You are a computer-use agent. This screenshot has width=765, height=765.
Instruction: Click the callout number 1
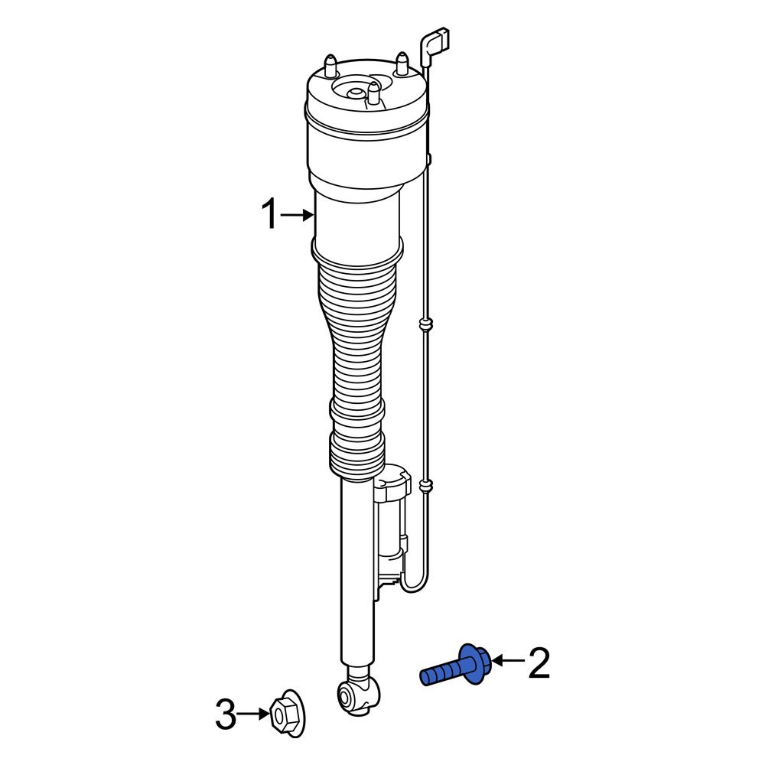tap(269, 215)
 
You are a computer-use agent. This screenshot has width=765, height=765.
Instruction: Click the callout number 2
tap(539, 663)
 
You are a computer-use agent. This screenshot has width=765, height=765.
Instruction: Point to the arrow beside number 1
tap(297, 216)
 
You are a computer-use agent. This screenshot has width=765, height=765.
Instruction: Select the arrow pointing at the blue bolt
tap(507, 660)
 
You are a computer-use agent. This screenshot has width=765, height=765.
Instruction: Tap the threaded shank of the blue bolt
tap(441, 673)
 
